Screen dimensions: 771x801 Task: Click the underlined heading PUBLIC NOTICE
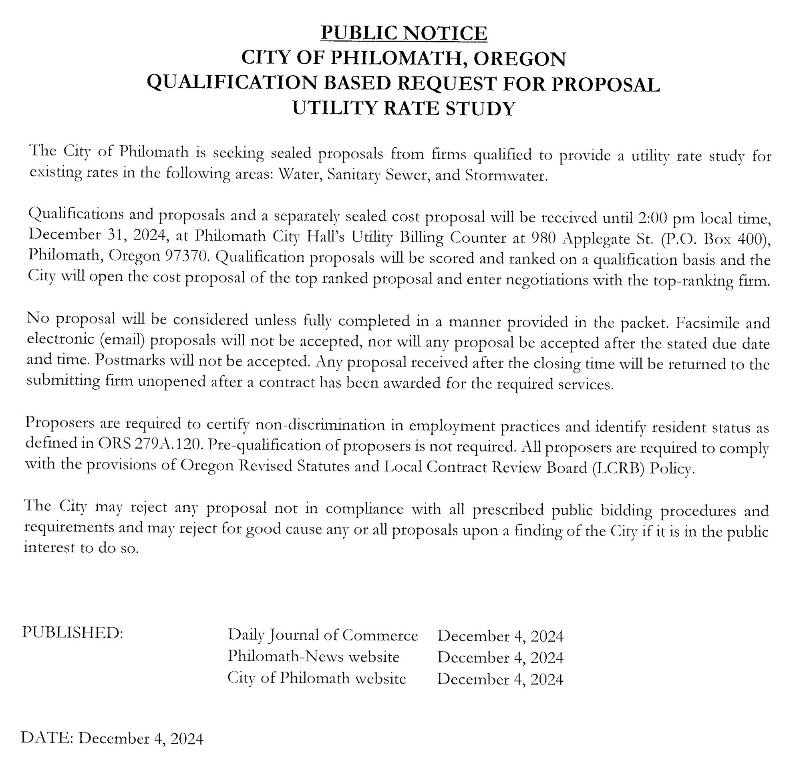[x=404, y=33]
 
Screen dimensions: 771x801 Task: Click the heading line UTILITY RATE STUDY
[x=404, y=108]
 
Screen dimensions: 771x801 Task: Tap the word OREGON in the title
[x=519, y=58]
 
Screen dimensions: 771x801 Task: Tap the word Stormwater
[x=505, y=175]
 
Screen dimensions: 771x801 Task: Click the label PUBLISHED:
[x=72, y=632]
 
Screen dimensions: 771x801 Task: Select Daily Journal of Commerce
[x=322, y=635]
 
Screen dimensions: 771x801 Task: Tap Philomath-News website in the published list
[x=313, y=656]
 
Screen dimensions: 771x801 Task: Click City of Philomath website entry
[x=317, y=678]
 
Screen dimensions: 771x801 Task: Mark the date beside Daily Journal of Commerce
[x=500, y=636]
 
